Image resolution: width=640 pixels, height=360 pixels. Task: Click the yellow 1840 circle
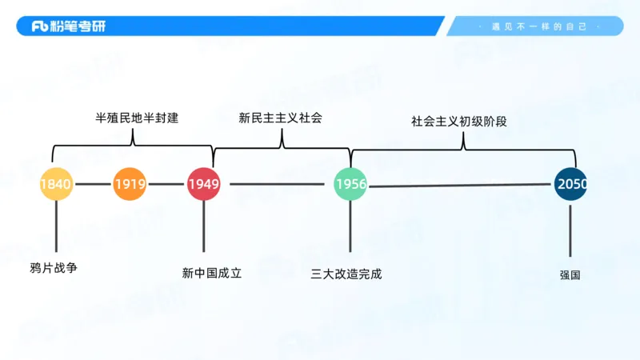click(56, 184)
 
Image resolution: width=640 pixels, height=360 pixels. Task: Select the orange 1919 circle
click(130, 184)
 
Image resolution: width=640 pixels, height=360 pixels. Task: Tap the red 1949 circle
click(203, 184)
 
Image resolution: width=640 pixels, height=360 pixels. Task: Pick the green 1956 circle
click(350, 184)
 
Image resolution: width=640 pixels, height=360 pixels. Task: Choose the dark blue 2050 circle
click(571, 184)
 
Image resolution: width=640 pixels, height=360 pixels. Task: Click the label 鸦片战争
click(54, 268)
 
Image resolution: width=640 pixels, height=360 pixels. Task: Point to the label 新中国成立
click(212, 273)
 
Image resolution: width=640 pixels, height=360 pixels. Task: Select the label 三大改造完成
click(346, 274)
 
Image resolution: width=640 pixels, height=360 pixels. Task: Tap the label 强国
click(570, 274)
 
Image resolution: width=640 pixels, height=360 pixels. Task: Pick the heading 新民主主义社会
click(281, 118)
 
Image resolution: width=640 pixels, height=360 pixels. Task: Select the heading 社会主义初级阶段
click(459, 122)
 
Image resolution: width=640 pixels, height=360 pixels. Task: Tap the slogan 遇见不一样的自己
click(539, 26)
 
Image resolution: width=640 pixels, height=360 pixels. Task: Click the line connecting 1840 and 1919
click(93, 184)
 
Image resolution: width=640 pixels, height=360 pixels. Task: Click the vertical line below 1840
click(56, 227)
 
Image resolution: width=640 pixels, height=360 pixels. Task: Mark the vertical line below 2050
click(570, 231)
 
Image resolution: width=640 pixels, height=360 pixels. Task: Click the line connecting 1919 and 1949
click(166, 184)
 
